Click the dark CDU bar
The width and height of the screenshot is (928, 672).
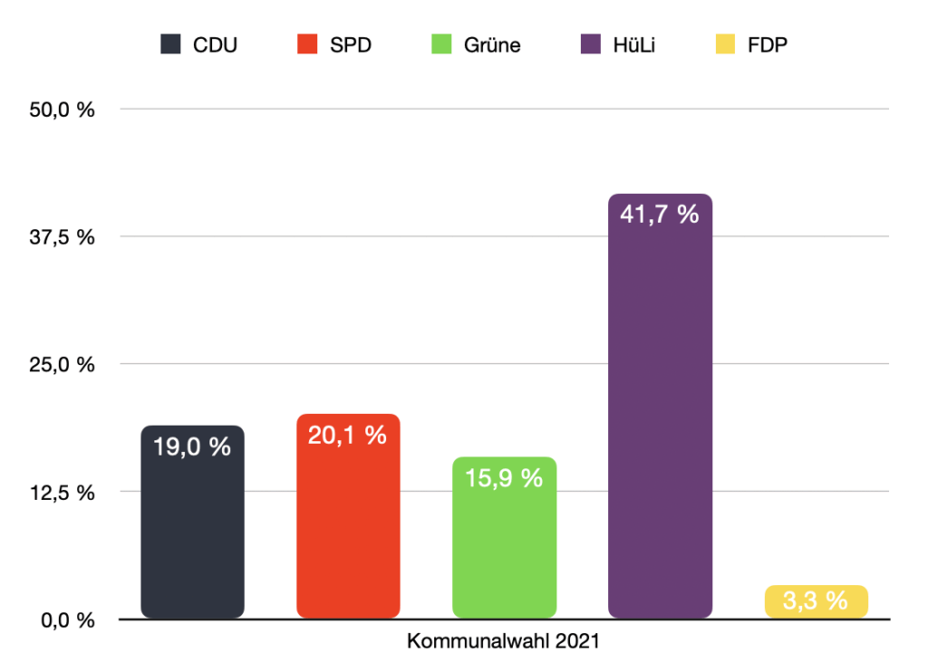point(192,534)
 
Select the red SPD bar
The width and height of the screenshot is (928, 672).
point(348,530)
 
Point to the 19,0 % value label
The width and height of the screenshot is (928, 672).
point(192,446)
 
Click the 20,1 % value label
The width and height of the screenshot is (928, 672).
point(348,435)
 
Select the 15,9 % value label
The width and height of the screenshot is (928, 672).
point(504,477)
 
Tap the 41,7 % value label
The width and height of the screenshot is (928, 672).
point(660,215)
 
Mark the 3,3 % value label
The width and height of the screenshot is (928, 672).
point(816,600)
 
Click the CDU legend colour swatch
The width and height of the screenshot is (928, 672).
point(170,44)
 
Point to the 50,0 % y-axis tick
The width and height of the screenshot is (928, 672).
point(63,110)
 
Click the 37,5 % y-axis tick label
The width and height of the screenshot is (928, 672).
point(63,237)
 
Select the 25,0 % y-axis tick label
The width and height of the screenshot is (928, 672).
point(63,365)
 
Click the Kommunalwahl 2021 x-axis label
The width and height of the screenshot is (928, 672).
point(504,642)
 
